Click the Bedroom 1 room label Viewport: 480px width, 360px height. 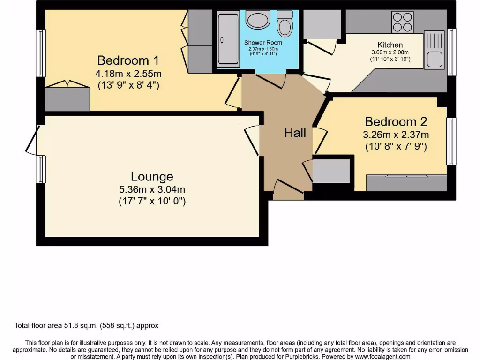click(128, 60)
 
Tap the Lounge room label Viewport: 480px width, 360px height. click(152, 177)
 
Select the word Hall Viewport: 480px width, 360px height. click(295, 133)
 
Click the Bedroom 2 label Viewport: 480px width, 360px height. click(396, 122)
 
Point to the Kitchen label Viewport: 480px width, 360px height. click(390, 45)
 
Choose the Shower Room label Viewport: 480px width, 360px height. click(263, 43)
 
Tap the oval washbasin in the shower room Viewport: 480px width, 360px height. click(257, 20)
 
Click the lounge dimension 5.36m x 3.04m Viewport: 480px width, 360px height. click(152, 190)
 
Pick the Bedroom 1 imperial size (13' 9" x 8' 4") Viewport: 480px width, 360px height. click(128, 86)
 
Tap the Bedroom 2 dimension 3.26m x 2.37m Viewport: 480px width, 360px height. click(396, 135)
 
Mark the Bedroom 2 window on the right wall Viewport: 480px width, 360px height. click(451, 141)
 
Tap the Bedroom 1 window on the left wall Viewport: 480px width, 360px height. click(41, 53)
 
